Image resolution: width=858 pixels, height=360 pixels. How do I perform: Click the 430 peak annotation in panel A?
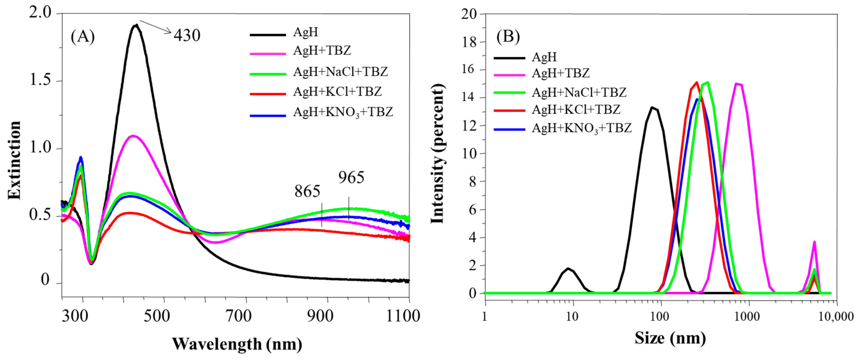[187, 35]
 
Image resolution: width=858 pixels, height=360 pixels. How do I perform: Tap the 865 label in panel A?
[307, 192]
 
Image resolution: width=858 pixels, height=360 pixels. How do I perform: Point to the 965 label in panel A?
[352, 177]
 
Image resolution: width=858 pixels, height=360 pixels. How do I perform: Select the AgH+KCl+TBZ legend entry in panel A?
[337, 92]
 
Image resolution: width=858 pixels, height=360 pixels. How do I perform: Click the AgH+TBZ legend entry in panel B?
[561, 73]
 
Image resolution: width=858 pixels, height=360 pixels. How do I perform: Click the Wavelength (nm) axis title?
[237, 344]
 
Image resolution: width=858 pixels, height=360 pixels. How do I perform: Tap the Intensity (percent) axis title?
[438, 154]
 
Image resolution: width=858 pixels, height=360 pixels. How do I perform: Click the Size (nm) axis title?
[670, 338]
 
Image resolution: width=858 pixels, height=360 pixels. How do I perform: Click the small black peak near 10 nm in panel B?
[568, 268]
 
